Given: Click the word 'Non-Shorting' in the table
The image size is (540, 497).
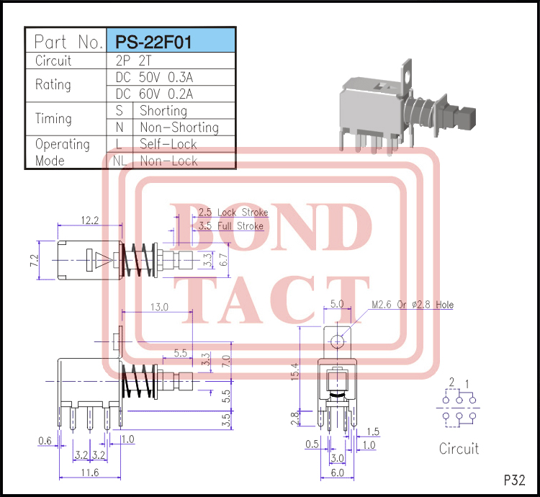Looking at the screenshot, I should pos(179,127).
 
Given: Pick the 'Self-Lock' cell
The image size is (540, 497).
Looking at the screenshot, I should pos(168,144).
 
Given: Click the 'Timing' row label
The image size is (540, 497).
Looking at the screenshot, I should pos(54,119).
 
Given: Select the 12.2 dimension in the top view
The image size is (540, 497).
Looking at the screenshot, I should pos(90,220).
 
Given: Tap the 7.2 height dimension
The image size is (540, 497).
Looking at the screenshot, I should pos(33,260).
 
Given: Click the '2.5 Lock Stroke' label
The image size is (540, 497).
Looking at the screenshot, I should pos(233,212).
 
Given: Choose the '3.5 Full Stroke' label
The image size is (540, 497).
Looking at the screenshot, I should pos(230,226).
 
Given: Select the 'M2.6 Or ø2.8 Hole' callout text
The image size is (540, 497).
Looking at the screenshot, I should pos(413,305).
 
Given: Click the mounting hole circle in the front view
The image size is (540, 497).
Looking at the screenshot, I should pos(337,341).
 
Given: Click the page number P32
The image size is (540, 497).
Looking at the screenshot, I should pos(514,479).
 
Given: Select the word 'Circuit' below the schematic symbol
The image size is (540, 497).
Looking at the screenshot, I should pos(459,448).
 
